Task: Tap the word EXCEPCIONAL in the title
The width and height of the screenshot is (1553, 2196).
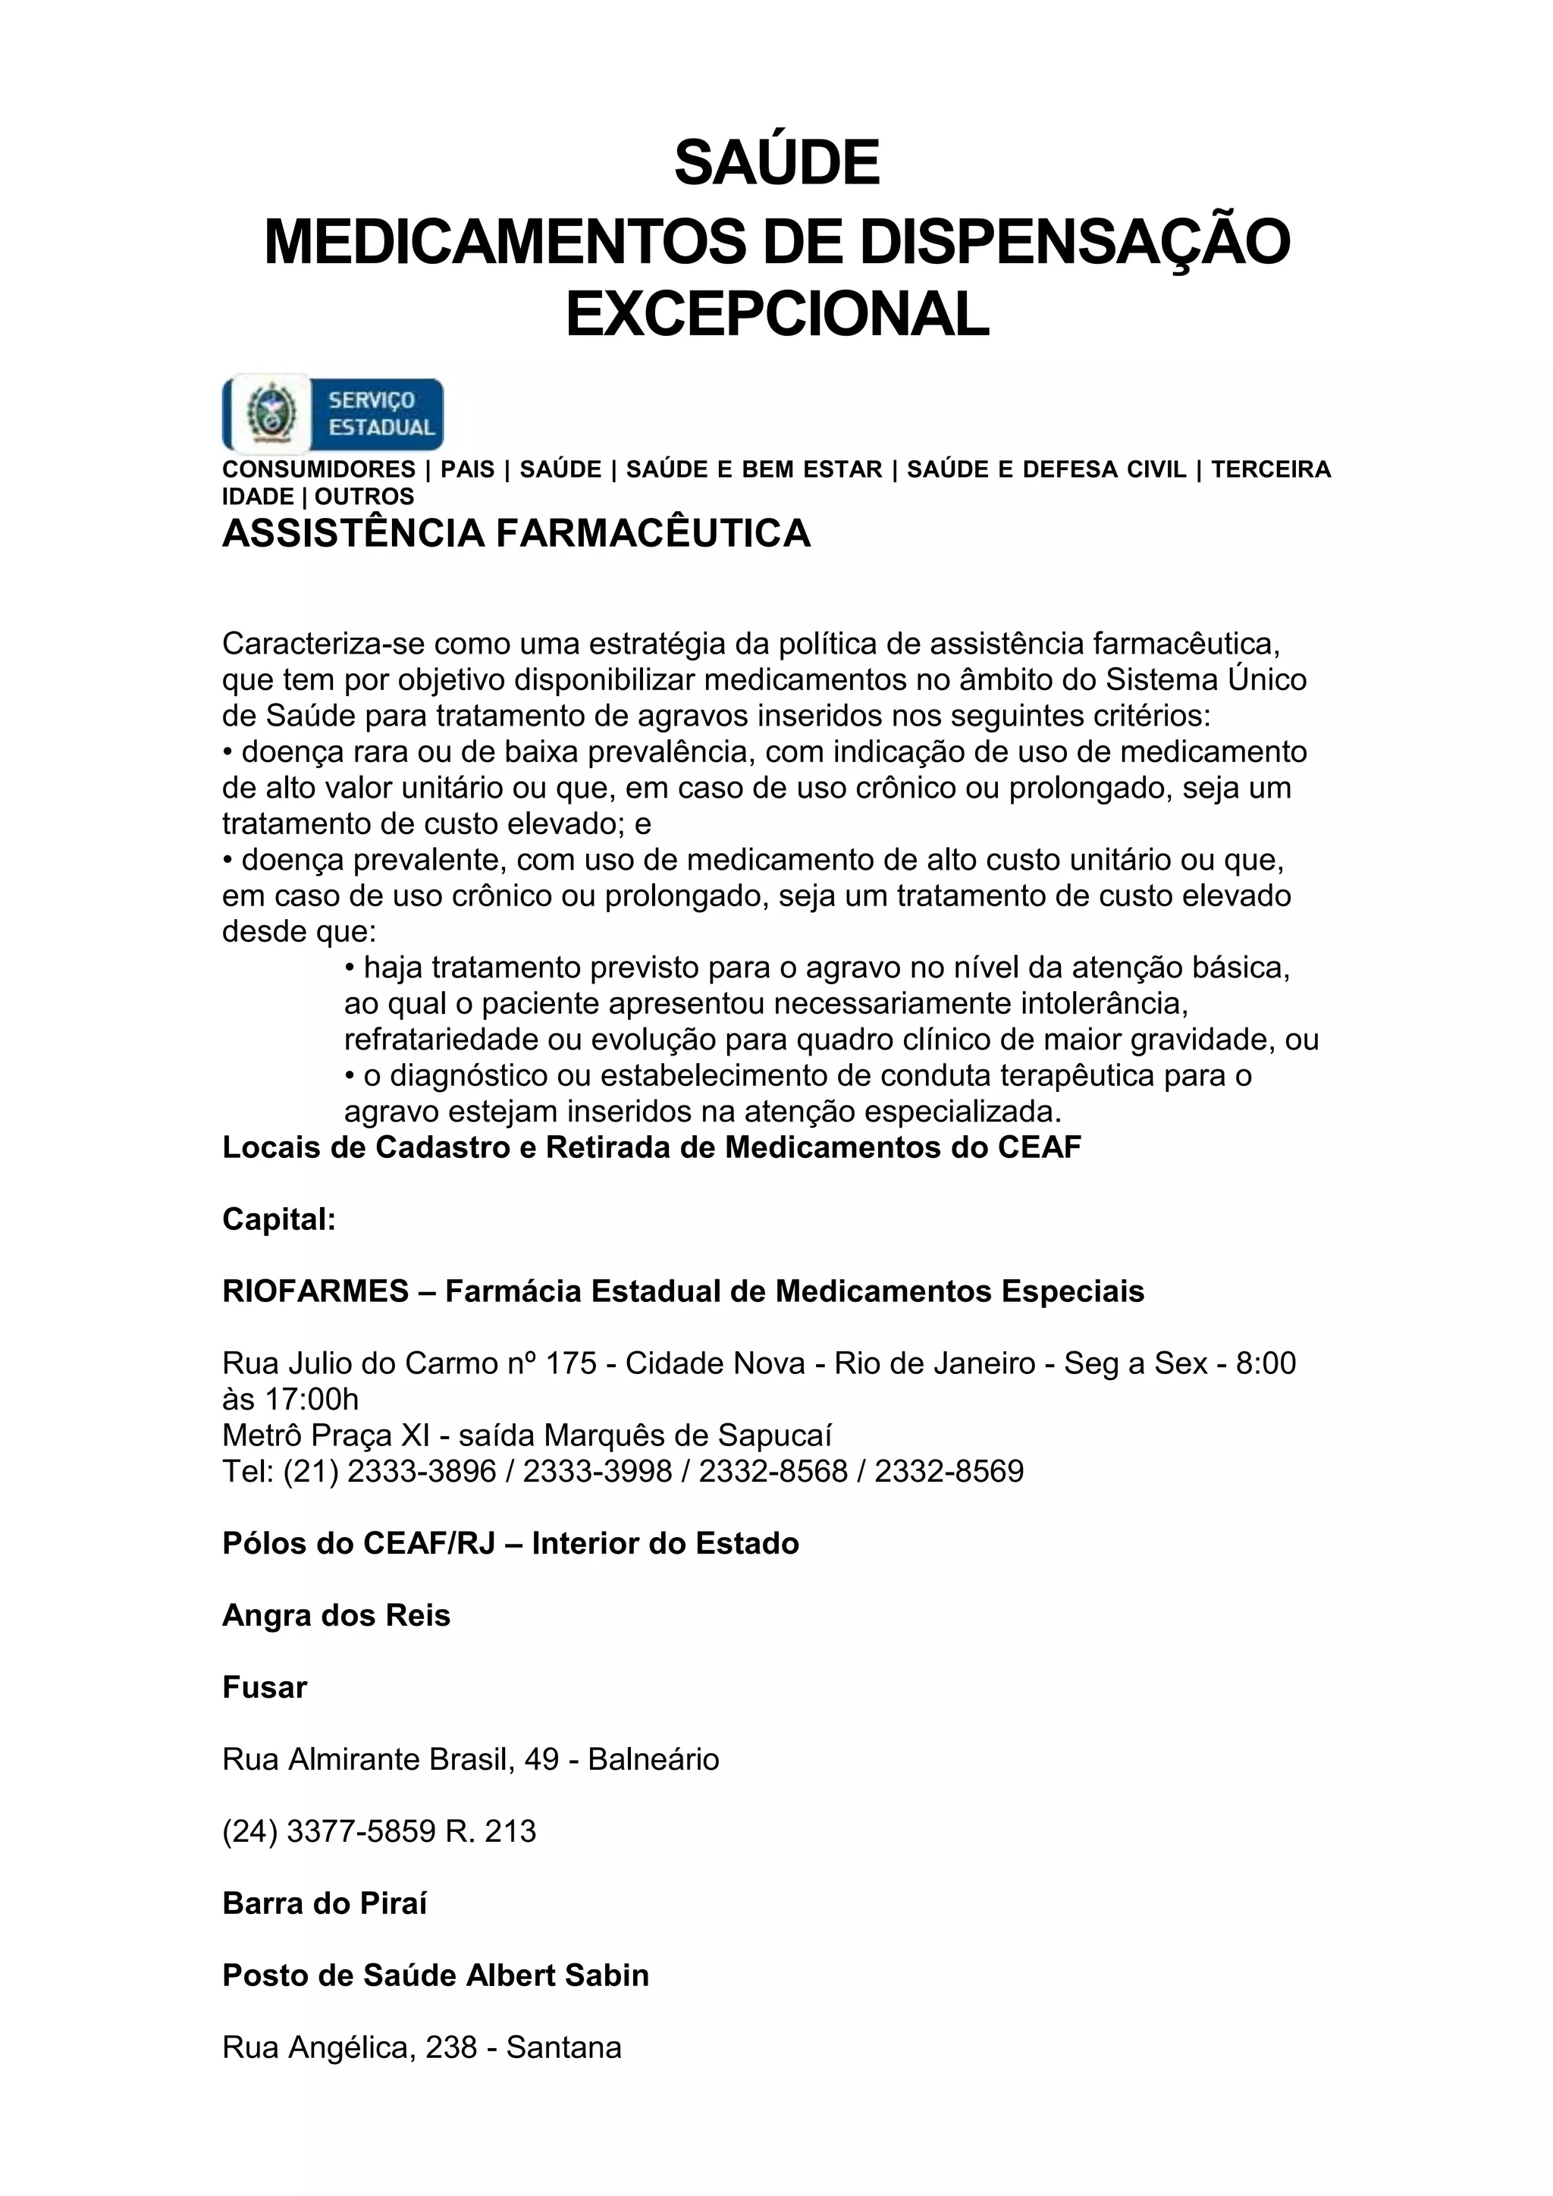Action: (776, 315)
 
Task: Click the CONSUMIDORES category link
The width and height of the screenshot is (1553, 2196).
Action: (318, 469)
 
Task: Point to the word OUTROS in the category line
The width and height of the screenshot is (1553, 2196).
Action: (364, 497)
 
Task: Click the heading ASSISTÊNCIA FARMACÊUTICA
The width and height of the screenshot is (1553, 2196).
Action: (516, 534)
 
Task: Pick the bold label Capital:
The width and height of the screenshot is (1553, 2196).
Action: (278, 1219)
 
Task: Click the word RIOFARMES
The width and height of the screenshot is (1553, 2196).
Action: (315, 1291)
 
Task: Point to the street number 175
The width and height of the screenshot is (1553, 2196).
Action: (571, 1363)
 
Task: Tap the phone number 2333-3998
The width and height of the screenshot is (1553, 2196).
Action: (597, 1471)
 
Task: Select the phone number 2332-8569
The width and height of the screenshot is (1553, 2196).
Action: (949, 1471)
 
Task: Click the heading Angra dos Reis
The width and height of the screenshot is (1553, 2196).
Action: (336, 1615)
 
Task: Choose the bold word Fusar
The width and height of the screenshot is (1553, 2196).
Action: (264, 1687)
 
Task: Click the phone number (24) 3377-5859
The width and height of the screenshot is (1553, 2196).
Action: (329, 1831)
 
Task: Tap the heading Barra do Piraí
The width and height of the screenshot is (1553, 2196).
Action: (325, 1903)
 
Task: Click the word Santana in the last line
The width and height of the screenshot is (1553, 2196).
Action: (563, 2047)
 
